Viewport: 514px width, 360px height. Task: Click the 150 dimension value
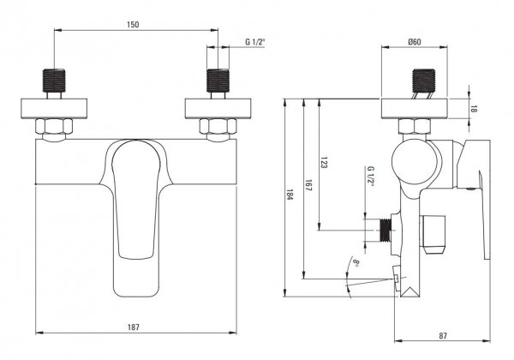pos(133,25)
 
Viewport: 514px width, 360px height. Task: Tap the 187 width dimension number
pos(134,327)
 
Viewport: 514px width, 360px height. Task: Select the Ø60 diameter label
pos(415,42)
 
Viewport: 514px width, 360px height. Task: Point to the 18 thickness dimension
pos(473,109)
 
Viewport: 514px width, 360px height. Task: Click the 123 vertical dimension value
pos(323,162)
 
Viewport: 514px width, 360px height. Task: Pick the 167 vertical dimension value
pos(308,185)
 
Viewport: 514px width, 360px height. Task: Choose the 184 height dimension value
pos(290,195)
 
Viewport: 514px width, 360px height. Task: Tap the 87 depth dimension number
pos(443,336)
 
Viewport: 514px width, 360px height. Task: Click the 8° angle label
pos(356,262)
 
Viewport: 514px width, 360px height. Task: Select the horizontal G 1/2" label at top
pos(254,42)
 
